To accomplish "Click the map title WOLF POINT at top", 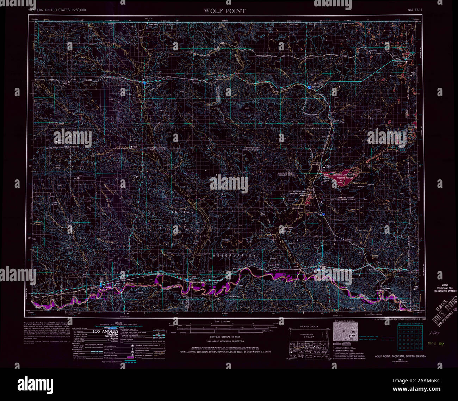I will [x=224, y=11].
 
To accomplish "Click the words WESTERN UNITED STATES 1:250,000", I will [x=57, y=10].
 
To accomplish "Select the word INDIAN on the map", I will [x=183, y=212].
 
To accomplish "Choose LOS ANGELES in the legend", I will [x=106, y=332].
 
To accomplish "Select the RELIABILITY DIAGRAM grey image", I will [x=345, y=332].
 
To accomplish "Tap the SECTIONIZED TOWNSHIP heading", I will [x=410, y=323].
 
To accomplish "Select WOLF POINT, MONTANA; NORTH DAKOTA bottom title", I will [x=400, y=356].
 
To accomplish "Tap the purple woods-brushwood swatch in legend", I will [x=131, y=358].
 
